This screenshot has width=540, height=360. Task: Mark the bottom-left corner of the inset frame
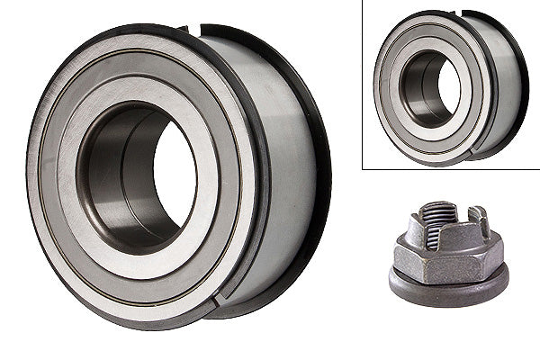tap(363, 168)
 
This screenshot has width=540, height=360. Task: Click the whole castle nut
tap(447, 256)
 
